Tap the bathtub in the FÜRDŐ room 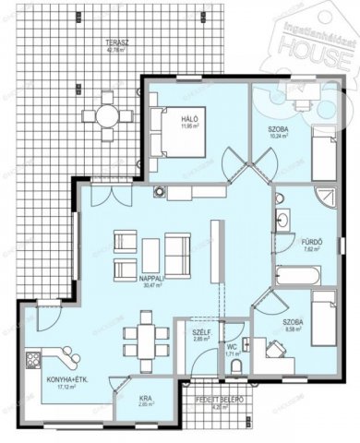tap(298, 274)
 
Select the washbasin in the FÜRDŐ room tap(282, 221)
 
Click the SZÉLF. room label tap(198, 333)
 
